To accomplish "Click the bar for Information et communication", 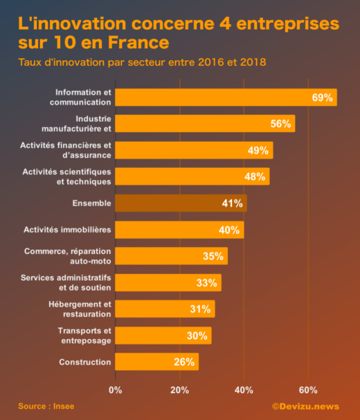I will click(x=226, y=98).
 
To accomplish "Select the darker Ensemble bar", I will click(x=181, y=203).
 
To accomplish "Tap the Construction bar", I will click(x=156, y=362).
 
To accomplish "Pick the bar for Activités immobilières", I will click(x=179, y=230).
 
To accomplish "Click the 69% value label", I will click(x=322, y=98).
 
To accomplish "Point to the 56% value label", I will click(x=280, y=124).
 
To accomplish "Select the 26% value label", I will click(x=184, y=362).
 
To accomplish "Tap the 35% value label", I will click(x=213, y=256).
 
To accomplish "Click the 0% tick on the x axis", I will click(x=115, y=390).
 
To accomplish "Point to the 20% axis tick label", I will click(x=179, y=390).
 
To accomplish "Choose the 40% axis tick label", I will click(x=244, y=390).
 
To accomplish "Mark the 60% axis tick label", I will click(x=308, y=390).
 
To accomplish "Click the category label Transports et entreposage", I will click(x=84, y=336).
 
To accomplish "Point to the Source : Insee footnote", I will click(x=46, y=406).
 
